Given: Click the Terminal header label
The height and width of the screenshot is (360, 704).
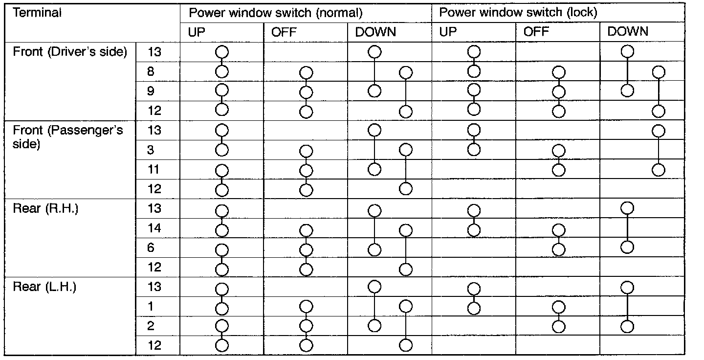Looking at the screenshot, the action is [x=37, y=13].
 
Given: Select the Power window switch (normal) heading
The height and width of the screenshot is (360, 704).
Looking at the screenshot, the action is [x=276, y=13].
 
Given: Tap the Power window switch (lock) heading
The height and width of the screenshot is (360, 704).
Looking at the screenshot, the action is [x=518, y=12].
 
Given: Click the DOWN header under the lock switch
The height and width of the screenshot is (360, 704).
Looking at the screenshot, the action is [x=628, y=31].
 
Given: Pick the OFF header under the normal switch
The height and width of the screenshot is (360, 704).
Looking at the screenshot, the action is [x=284, y=32].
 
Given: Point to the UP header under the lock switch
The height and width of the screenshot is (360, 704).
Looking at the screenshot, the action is [x=448, y=32].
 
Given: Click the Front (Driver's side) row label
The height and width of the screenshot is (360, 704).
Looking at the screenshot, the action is [x=70, y=52].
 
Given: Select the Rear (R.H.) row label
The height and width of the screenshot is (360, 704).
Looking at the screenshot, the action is [x=45, y=208].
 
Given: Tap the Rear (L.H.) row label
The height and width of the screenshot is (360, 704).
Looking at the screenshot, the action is [x=44, y=287].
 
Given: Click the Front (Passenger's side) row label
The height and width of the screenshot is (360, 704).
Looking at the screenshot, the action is [x=67, y=137].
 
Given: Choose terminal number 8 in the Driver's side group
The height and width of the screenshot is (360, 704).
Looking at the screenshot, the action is [x=151, y=72].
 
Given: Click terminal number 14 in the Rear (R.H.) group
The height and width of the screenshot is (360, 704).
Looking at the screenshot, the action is [x=154, y=228].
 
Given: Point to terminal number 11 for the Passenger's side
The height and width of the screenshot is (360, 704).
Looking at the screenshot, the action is [x=154, y=169].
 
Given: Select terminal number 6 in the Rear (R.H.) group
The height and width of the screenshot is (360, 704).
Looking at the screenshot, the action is [x=151, y=248].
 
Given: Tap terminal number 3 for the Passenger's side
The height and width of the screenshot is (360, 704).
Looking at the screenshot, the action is [x=151, y=150].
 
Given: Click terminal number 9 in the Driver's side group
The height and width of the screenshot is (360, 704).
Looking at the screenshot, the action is [x=151, y=91].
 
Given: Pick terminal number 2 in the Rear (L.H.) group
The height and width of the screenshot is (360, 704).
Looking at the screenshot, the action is [x=151, y=326].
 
